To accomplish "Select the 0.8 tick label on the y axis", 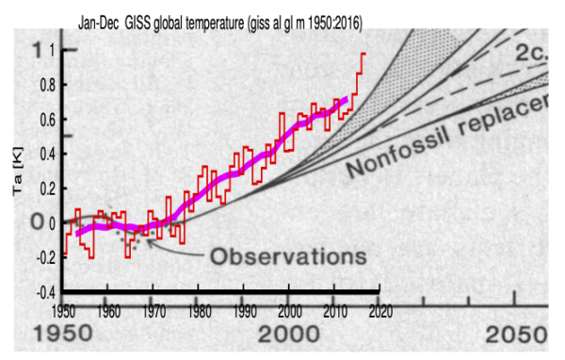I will tap(46, 85).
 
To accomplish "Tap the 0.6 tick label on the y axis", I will tap(46, 120).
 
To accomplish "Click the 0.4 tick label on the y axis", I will tap(46, 154).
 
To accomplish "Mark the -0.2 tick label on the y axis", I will tap(43, 257).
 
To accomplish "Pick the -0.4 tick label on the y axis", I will tap(43, 291).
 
